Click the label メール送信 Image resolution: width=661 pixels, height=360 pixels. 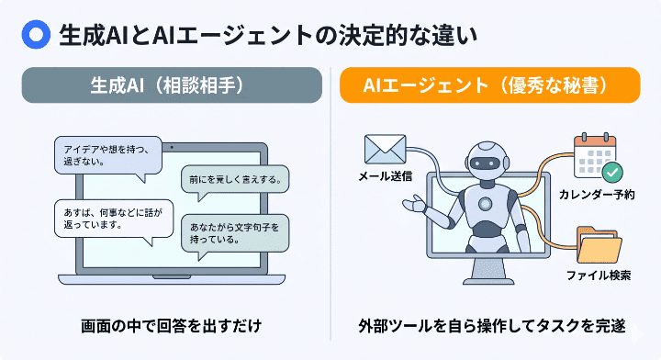pyautogui.click(x=385, y=174)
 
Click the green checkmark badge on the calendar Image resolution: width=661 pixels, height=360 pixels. pyautogui.click(x=612, y=172)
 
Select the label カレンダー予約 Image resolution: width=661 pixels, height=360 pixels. pyautogui.click(x=597, y=195)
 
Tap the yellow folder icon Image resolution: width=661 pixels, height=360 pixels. pyautogui.click(x=600, y=249)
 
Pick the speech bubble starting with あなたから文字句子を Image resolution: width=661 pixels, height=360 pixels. pyautogui.click(x=237, y=232)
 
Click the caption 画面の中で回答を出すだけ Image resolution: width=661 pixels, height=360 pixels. pyautogui.click(x=173, y=325)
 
